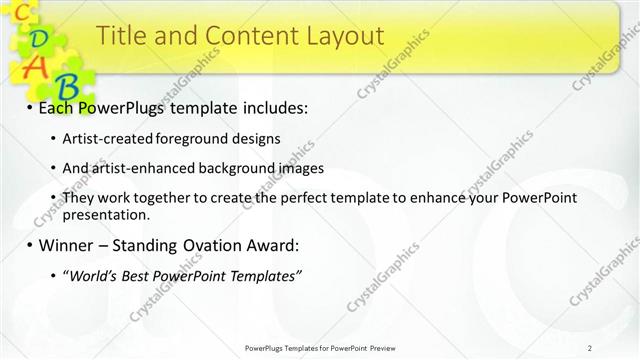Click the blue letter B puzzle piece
(67, 85)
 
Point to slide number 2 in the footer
(590, 348)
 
